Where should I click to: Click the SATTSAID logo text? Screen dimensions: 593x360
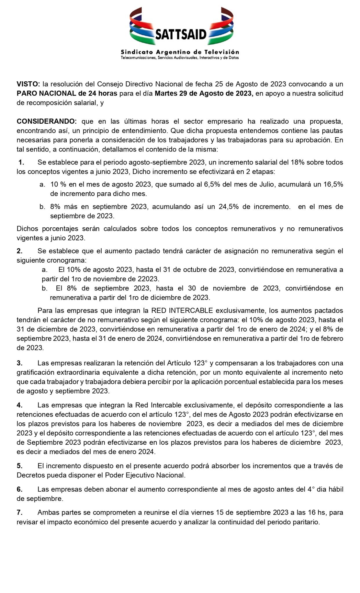181,34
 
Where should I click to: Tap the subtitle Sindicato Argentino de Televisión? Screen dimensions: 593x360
180,52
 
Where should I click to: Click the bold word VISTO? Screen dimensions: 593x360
28,84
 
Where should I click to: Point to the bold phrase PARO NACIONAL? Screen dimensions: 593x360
46,93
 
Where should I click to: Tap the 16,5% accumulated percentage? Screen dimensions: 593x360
333,184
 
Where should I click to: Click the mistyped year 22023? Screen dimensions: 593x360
148,279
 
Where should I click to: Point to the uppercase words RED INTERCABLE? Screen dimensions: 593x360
182,310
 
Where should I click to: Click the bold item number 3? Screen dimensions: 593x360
19,363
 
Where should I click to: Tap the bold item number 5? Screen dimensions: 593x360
19,466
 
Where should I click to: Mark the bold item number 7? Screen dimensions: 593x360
19,512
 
